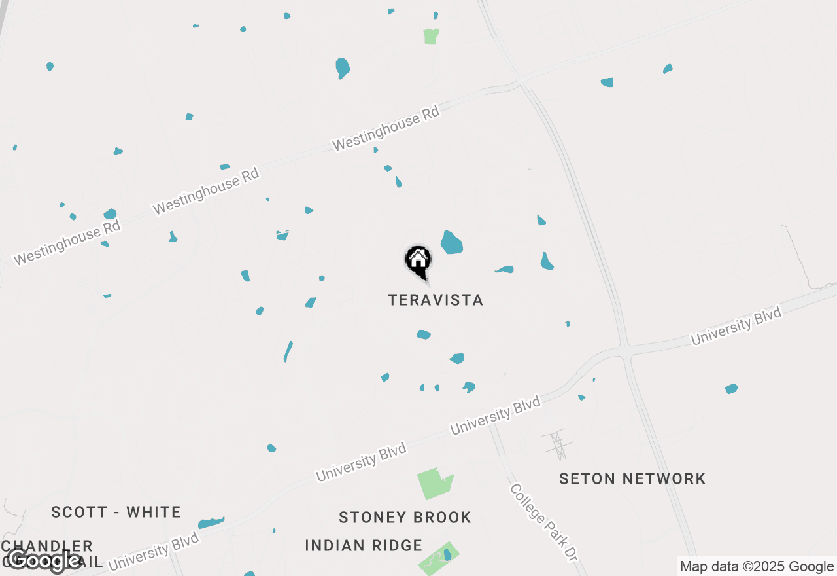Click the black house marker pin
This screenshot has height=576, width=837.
tap(418, 261)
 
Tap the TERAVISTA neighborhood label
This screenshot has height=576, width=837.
tap(436, 300)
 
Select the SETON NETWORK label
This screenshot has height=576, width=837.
tap(632, 478)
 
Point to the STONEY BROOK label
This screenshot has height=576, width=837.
tap(405, 517)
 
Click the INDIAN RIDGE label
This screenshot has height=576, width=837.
tap(364, 545)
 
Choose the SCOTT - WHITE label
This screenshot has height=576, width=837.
tap(116, 512)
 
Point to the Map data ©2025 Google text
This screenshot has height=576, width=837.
tap(757, 567)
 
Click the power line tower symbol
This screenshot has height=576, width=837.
tap(558, 445)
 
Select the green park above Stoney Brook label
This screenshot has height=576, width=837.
tap(434, 484)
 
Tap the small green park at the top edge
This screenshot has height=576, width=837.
tap(430, 36)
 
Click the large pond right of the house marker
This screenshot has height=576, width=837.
tap(451, 243)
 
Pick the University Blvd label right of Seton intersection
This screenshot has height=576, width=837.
tap(736, 326)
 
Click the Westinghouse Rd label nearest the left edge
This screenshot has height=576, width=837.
tap(67, 242)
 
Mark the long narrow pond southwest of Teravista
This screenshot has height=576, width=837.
tap(288, 351)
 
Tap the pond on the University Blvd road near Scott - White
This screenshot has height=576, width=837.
tap(211, 522)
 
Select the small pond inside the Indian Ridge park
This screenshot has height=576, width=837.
tap(447, 555)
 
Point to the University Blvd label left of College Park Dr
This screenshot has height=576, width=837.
tap(495, 416)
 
